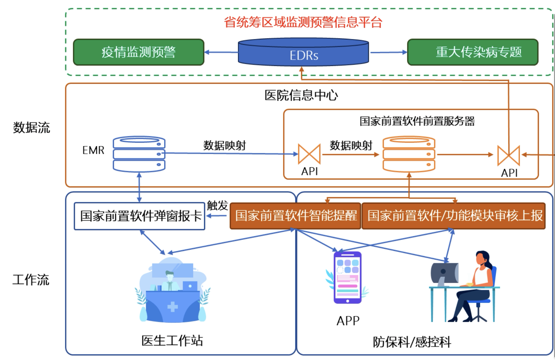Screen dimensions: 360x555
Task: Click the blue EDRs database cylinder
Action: click(303, 52)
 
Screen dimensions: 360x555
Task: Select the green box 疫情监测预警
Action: click(139, 52)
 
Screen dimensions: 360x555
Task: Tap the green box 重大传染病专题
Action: click(473, 52)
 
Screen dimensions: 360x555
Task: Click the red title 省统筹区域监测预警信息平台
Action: click(303, 22)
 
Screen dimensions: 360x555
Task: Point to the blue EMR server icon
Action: click(139, 154)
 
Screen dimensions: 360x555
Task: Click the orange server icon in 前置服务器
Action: click(409, 154)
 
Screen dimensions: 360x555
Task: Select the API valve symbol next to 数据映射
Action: click(309, 154)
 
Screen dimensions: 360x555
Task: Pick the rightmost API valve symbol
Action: click(509, 155)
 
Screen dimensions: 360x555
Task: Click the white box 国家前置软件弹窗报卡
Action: click(140, 216)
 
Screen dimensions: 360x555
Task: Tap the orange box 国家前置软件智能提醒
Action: click(295, 216)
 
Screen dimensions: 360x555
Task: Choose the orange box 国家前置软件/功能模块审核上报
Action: click(453, 216)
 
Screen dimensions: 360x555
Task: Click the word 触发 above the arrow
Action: click(217, 205)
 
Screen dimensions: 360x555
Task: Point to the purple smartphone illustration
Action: click(347, 278)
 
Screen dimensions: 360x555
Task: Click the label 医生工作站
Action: click(172, 340)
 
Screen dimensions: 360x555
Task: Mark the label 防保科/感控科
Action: click(412, 342)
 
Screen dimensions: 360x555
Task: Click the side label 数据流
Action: click(31, 128)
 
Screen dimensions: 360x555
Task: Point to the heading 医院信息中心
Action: click(301, 95)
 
